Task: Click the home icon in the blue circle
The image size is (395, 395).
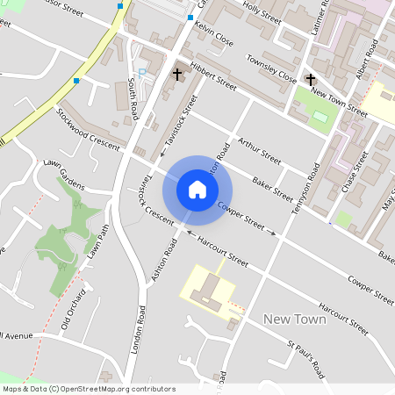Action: [197, 190]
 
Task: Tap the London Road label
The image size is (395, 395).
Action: [138, 330]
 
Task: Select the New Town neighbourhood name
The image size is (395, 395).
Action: [295, 319]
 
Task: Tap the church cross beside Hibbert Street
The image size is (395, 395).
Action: [177, 75]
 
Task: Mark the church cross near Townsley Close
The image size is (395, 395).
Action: [309, 80]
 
